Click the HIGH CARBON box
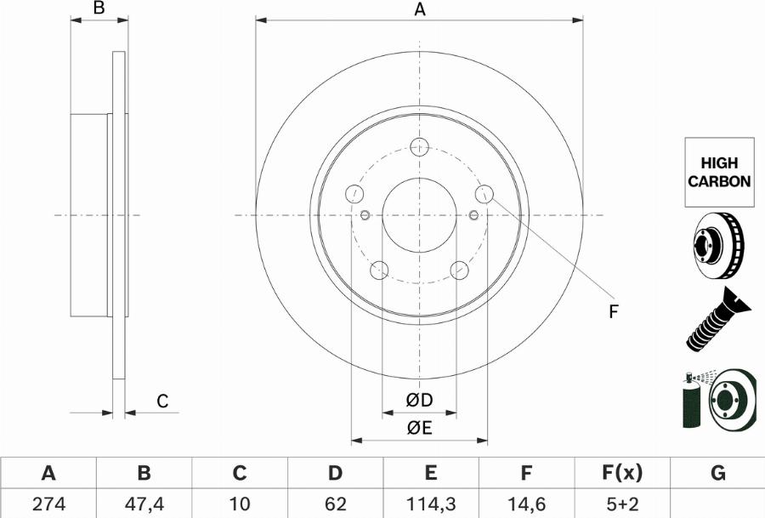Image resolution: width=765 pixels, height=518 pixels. pos(718,172)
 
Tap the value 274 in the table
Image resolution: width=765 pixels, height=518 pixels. pos(48,504)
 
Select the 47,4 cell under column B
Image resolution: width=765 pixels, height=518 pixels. pos(144,504)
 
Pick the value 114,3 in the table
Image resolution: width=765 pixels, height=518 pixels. pos(430,504)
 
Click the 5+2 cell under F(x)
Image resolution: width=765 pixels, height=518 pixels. pos(622,504)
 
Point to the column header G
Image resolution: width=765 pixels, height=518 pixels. pos(717,473)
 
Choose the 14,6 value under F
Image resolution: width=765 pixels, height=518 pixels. pos(526,504)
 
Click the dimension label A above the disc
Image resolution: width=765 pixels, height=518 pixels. pos(419,10)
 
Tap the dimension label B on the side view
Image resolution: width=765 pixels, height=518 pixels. pos(99,9)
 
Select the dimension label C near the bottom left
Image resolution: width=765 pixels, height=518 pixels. pos(162,401)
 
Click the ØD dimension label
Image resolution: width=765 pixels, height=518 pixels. pos(419,401)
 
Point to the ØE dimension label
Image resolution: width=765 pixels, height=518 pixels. pos(419,429)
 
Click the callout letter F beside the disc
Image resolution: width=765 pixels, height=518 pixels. pos(613,312)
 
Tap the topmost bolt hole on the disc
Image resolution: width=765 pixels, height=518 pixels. pos(419,147)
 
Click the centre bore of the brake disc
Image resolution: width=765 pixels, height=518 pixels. pos(419,215)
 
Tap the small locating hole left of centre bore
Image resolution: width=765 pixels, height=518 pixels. pos(365,214)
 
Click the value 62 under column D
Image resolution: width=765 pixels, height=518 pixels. pos(335,504)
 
